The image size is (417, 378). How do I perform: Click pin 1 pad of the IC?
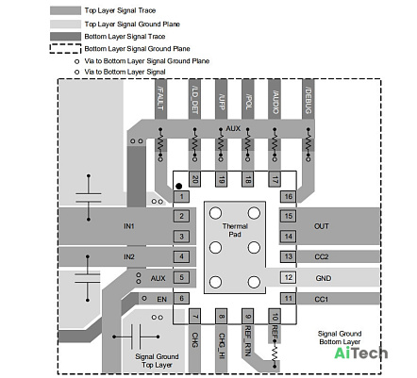click(181, 197)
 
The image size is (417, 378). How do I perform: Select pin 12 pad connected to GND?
click(288, 277)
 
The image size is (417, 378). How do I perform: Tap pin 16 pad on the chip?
click(288, 197)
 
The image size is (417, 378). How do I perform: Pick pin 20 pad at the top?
click(194, 179)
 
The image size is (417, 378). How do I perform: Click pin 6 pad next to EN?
click(181, 299)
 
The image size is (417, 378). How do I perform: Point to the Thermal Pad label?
click(235, 230)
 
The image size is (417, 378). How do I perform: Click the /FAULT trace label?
click(160, 98)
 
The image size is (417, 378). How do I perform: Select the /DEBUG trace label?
click(309, 100)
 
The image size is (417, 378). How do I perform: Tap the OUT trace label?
click(322, 226)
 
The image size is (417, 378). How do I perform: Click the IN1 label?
click(129, 226)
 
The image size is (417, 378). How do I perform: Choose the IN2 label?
click(129, 256)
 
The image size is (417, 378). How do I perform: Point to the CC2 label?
click(322, 256)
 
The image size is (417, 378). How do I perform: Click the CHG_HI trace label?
click(222, 346)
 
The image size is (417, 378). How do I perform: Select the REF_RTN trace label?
click(248, 341)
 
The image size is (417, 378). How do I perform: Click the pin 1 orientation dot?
click(179, 187)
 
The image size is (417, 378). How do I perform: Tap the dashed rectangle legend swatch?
click(65, 49)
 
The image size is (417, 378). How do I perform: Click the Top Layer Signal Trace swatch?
click(65, 10)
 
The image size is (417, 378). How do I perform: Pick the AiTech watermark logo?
click(360, 353)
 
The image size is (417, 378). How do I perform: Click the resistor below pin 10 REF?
click(275, 353)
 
